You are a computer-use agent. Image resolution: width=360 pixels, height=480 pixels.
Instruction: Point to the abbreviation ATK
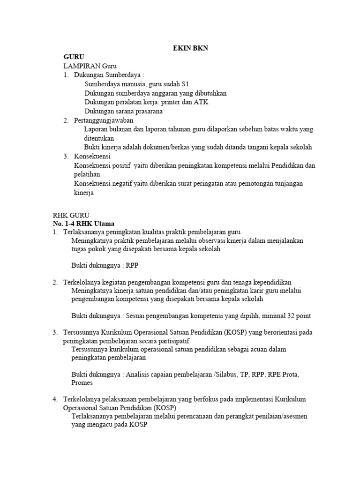point(201,102)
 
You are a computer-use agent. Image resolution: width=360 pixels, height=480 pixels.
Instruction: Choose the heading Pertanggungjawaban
point(101,120)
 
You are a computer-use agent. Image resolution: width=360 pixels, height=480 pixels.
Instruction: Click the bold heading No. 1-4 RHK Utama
point(83,223)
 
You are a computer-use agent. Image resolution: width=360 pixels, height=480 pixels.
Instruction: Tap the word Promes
point(82,382)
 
